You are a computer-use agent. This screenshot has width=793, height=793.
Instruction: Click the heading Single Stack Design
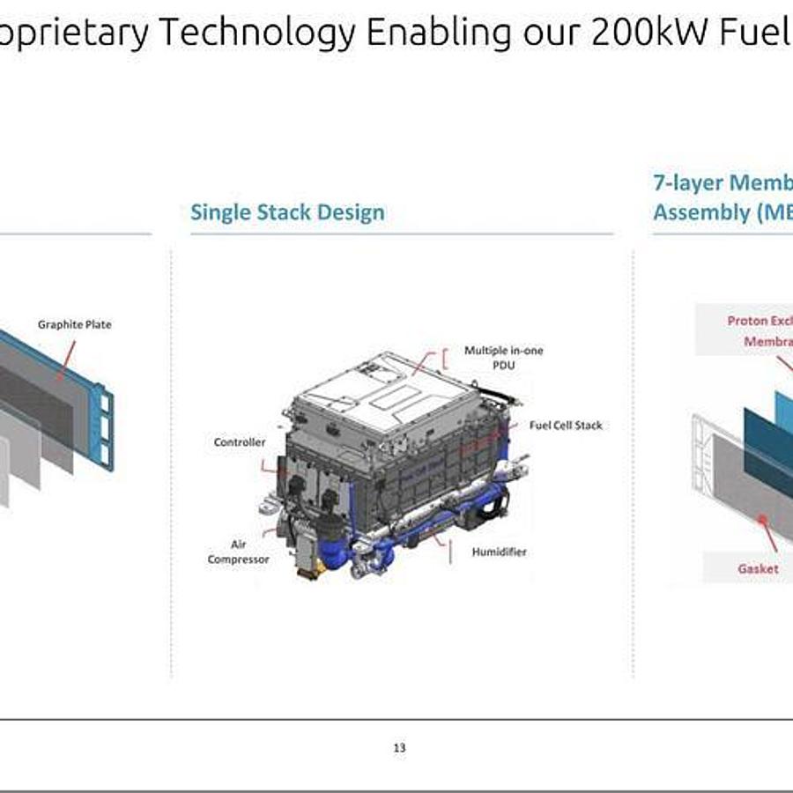[x=287, y=212]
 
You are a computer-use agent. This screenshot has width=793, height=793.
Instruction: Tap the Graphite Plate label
[x=74, y=324]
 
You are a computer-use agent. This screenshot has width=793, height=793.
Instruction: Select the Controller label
[x=239, y=441]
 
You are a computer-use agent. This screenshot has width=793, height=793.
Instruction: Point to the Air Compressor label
[x=238, y=552]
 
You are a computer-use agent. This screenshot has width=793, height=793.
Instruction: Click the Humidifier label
[x=499, y=552]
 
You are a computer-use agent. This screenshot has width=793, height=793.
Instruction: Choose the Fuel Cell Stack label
[x=566, y=425]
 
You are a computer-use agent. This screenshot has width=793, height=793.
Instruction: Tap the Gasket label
[x=758, y=568]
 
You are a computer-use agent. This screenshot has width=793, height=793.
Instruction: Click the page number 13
[x=399, y=748]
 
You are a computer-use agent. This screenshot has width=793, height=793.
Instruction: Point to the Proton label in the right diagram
[x=749, y=321]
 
